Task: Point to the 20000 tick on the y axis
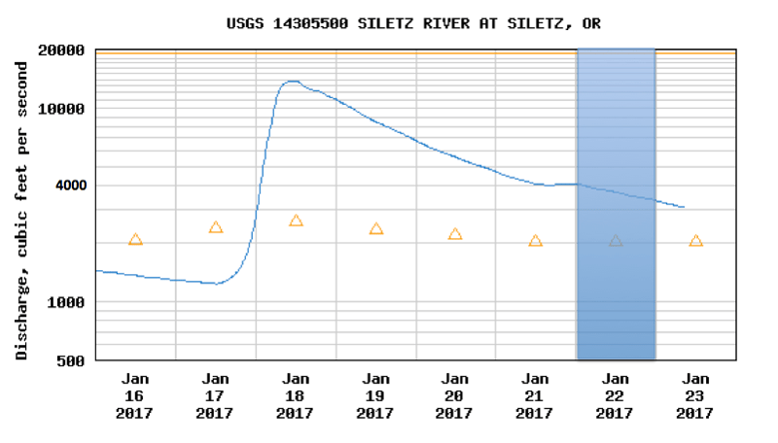click(61, 51)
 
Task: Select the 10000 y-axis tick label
click(61, 109)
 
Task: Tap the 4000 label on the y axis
click(70, 186)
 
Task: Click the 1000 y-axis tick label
click(65, 302)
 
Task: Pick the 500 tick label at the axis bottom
click(70, 361)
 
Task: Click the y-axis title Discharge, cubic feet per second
click(21, 211)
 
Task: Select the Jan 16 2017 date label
click(134, 396)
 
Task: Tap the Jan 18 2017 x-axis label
click(296, 396)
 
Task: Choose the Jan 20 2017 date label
click(454, 396)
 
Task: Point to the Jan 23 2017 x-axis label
click(694, 396)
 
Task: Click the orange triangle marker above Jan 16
click(135, 239)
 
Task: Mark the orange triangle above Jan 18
click(296, 221)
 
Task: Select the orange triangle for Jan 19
click(376, 228)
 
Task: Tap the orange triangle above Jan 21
click(536, 241)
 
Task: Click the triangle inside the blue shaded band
click(616, 241)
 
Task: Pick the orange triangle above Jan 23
click(696, 241)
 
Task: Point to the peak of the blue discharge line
click(293, 82)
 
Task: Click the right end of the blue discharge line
click(685, 207)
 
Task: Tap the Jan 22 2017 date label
click(615, 396)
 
